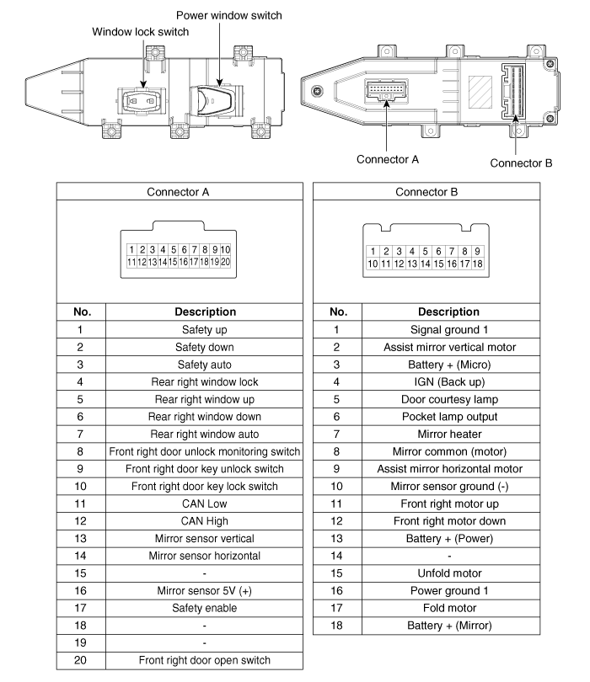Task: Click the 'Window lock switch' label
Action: pos(140,32)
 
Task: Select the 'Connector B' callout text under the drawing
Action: pos(521,163)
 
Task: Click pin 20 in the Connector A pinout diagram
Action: pos(225,262)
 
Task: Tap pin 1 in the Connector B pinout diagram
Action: pos(373,251)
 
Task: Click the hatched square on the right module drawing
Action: pos(480,90)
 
